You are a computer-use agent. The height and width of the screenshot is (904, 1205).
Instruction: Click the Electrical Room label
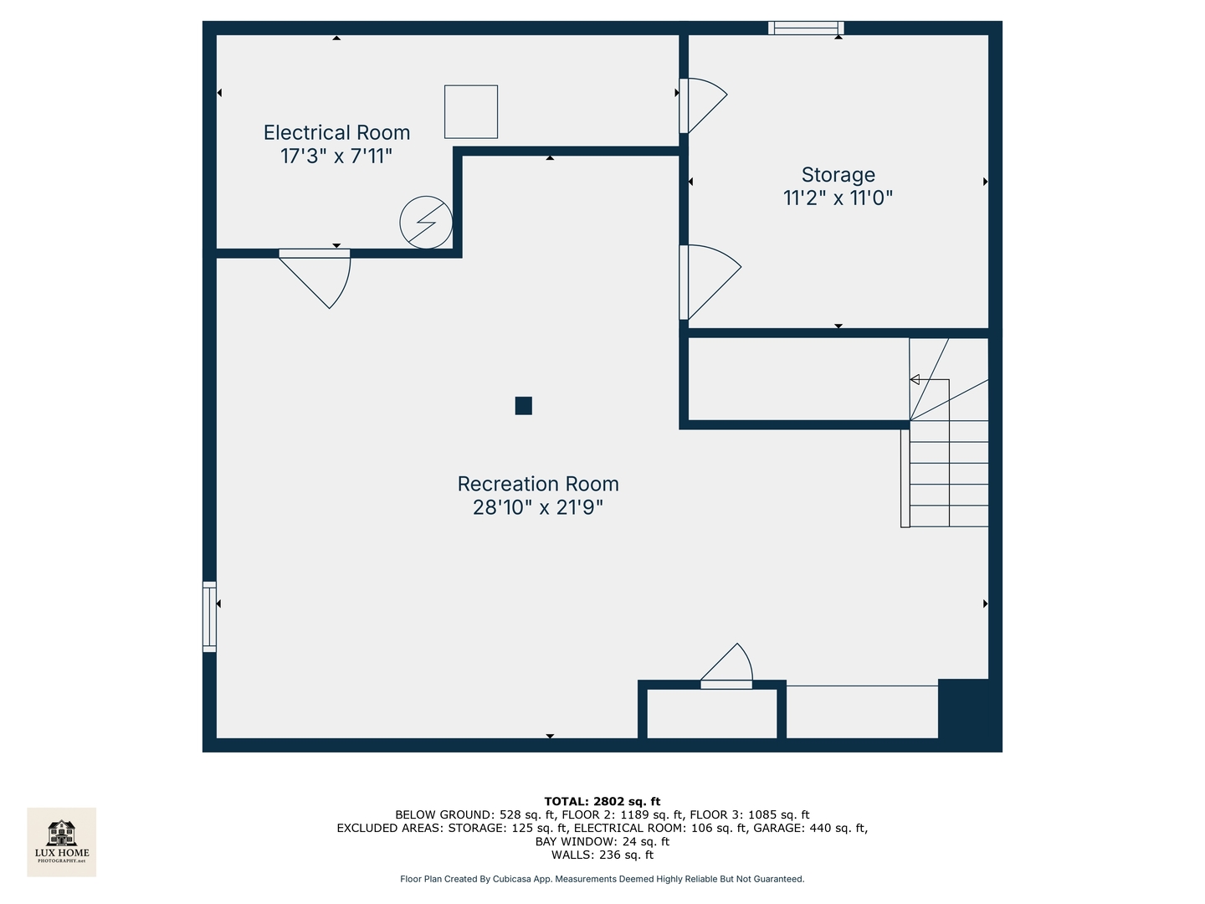click(x=336, y=133)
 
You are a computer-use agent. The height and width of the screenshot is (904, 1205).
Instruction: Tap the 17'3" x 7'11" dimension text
click(x=336, y=157)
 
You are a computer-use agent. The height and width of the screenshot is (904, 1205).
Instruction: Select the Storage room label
click(x=838, y=175)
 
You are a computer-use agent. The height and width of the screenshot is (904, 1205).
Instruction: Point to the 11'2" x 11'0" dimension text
click(x=838, y=198)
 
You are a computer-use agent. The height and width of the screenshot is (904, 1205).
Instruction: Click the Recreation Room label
click(x=538, y=485)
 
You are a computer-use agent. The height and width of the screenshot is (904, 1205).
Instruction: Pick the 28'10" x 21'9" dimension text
click(x=538, y=507)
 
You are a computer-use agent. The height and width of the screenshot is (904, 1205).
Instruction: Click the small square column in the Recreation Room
click(x=523, y=406)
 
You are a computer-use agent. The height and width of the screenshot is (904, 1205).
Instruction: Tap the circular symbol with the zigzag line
click(x=426, y=223)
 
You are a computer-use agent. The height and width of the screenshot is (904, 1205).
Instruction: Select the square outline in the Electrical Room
click(x=471, y=111)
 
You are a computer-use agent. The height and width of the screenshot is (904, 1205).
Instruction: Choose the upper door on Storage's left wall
click(x=700, y=105)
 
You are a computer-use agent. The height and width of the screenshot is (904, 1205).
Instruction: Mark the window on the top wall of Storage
click(x=805, y=28)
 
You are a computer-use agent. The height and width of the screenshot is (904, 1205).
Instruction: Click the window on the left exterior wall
click(x=209, y=616)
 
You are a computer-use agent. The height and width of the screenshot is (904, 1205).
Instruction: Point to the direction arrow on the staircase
click(x=915, y=380)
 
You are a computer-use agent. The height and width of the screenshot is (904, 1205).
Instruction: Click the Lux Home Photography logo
click(x=62, y=841)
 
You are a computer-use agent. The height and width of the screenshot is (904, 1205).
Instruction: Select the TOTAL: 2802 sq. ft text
click(x=602, y=801)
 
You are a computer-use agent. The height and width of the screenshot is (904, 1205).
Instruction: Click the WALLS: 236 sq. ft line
click(x=602, y=855)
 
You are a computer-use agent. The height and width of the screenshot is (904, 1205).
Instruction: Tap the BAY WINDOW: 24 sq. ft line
click(x=602, y=841)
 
